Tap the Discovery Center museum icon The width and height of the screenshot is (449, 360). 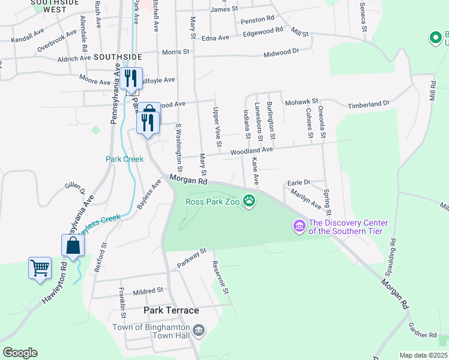298,226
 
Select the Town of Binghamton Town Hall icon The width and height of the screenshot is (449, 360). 200,331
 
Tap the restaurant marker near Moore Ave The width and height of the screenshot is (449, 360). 130,79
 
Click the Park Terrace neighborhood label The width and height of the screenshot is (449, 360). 171,310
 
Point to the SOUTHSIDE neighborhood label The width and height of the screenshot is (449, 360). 118,57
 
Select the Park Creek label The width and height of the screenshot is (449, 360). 124,159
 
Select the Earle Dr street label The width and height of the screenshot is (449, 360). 298,182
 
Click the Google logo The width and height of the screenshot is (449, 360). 20,353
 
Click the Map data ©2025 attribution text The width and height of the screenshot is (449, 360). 424,355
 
